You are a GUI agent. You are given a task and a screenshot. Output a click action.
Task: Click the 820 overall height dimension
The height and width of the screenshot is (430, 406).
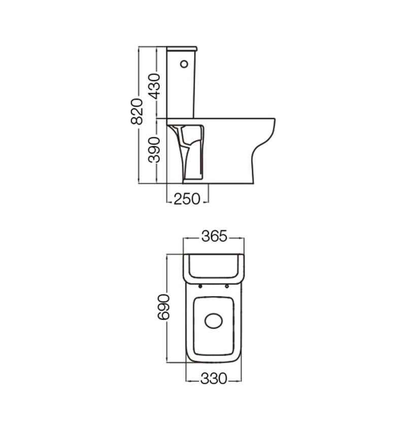137,112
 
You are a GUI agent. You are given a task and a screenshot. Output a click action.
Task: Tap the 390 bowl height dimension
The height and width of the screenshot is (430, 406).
154,150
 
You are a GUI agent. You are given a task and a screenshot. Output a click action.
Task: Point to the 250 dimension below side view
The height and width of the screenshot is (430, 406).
187,199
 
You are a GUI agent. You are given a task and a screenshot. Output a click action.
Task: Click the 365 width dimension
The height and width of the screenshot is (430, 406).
214,236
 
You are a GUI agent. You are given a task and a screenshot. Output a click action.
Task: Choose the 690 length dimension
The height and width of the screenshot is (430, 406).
163,307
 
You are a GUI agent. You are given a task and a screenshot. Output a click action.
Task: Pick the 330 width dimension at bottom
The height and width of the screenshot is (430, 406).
214,379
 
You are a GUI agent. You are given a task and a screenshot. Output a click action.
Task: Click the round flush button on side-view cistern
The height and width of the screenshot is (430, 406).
184,64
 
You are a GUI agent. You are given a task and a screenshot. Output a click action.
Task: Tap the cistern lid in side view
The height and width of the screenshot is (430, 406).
182,49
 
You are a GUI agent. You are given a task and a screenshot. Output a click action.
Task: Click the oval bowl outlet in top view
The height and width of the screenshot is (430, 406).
214,321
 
